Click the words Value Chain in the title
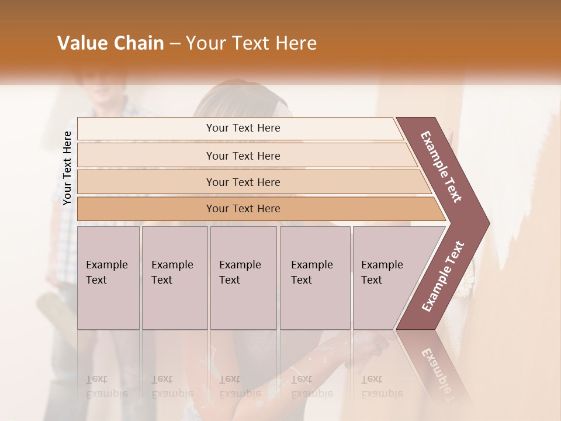[110, 43]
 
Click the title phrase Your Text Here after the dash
[251, 43]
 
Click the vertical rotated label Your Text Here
[67, 168]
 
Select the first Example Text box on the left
[108, 278]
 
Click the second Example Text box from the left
[174, 278]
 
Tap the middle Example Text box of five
[243, 278]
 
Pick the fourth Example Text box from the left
[314, 278]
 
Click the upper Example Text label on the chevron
[441, 167]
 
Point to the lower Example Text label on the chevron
[443, 277]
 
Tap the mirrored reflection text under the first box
[106, 387]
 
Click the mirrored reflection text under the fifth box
[382, 387]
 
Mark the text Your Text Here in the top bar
[243, 128]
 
